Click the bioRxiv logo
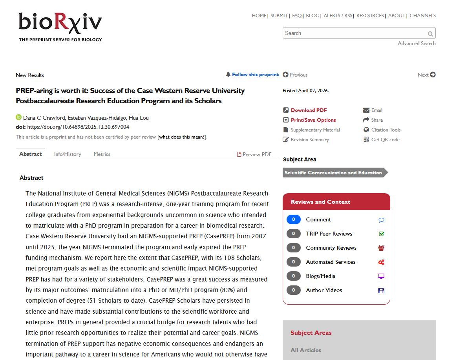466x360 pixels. (60, 26)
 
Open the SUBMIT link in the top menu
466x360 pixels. (279, 16)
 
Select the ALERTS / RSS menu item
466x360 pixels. (338, 16)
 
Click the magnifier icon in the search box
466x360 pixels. (430, 34)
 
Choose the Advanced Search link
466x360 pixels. (417, 44)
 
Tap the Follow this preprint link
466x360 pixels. (255, 75)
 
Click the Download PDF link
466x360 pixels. (309, 110)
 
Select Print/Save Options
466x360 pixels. (313, 120)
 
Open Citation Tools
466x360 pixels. (386, 130)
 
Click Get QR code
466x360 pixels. (385, 140)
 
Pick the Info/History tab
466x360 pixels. (68, 154)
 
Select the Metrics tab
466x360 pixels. (102, 154)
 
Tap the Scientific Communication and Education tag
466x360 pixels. (333, 173)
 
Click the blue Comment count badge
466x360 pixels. (293, 220)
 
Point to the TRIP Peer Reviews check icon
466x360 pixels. (381, 234)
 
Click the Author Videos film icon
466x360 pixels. (381, 291)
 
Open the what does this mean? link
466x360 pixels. (182, 137)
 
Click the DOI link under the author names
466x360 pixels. (78, 127)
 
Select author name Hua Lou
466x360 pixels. (139, 118)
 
